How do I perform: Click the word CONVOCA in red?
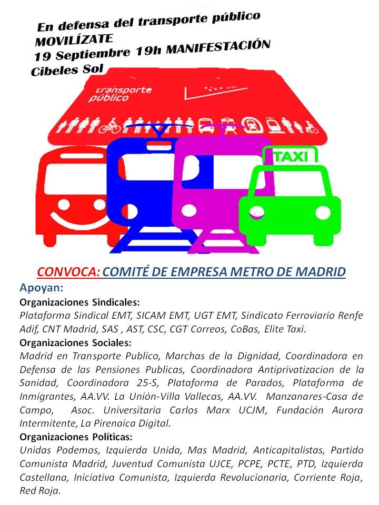pos(68,272)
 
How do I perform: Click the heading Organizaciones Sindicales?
pos(79,302)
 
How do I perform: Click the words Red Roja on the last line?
pos(39,491)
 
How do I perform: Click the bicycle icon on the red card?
pos(111,127)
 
